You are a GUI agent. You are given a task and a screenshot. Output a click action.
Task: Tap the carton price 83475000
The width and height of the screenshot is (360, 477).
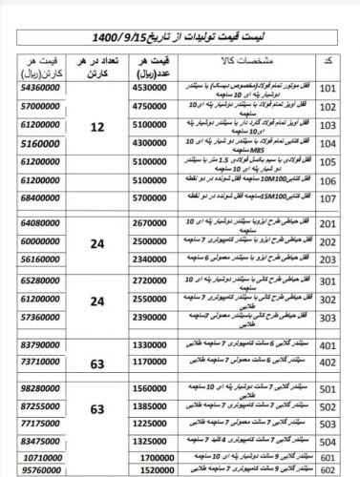click(37, 443)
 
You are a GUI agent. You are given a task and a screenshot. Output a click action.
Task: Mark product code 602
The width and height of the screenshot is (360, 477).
click(327, 471)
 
